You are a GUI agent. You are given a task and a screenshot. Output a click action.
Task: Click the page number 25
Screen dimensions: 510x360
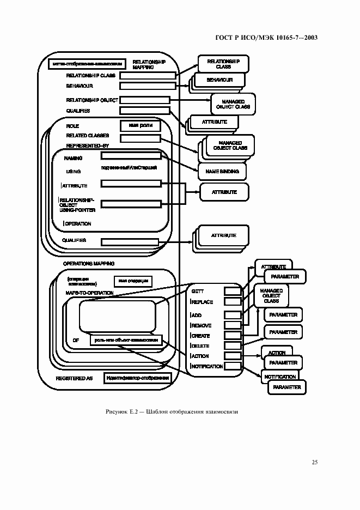315,462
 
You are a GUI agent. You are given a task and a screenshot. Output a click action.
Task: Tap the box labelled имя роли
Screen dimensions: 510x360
140,126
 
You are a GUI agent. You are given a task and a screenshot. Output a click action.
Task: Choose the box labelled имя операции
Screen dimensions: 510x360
132,281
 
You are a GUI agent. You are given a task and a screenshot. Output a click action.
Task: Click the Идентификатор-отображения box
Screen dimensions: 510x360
138,378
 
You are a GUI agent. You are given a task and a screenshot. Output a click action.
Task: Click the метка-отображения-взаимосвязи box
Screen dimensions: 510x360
87,63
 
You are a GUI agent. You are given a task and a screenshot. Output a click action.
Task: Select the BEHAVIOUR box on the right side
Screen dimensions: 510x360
219,80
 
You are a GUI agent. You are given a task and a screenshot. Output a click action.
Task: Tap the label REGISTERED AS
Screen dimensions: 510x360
75,378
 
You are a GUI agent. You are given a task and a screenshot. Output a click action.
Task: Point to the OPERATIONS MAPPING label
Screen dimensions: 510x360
89,263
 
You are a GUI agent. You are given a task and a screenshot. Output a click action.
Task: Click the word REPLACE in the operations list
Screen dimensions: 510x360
202,302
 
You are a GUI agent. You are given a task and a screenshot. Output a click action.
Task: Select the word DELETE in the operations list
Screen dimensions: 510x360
200,345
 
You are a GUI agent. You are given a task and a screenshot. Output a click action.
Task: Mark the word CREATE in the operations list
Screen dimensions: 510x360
201,336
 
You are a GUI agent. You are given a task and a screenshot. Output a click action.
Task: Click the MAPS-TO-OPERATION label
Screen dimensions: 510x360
89,293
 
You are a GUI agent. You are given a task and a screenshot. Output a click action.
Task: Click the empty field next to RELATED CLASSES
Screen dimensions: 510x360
140,138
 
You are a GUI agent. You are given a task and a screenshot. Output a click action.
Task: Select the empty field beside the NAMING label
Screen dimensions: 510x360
131,156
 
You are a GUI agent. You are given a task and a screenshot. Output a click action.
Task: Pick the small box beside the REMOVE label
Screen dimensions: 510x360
233,325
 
